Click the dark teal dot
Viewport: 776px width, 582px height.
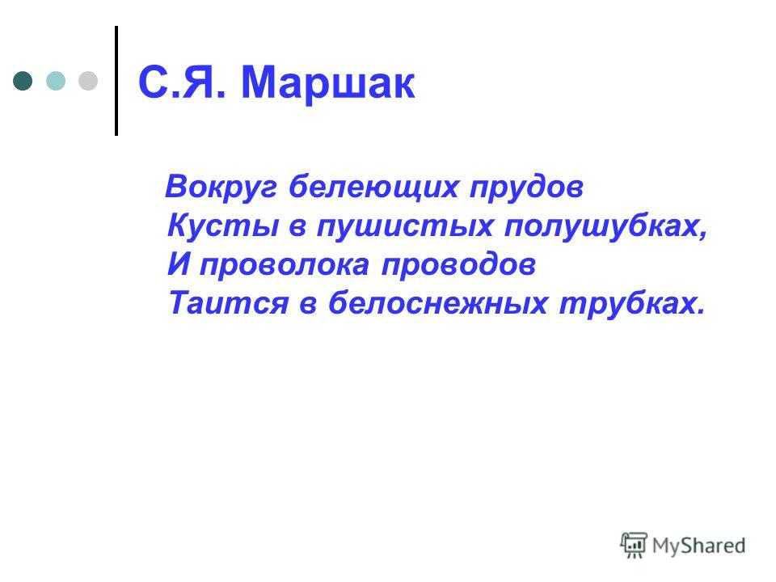tap(23, 81)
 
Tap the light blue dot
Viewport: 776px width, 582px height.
tap(56, 81)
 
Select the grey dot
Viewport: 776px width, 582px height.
tap(88, 81)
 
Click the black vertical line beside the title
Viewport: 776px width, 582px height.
tap(116, 81)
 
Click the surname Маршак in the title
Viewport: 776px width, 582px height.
tap(327, 82)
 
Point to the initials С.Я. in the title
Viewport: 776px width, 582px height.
tap(182, 82)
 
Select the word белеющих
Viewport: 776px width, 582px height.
tap(373, 188)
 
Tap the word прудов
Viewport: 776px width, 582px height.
tap(526, 188)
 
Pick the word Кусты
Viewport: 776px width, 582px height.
tap(223, 226)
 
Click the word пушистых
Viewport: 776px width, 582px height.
tap(405, 226)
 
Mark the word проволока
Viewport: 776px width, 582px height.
tap(285, 265)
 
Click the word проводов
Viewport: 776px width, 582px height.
tap(458, 265)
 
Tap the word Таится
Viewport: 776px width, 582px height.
tap(228, 303)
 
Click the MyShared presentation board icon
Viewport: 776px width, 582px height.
tap(634, 545)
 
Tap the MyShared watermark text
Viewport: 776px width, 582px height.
tap(698, 546)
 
